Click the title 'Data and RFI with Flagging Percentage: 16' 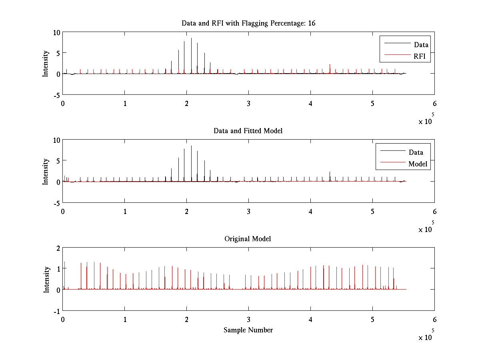tap(248, 23)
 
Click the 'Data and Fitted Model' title tap(248, 131)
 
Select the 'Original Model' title tap(248, 239)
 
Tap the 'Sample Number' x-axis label tap(248, 330)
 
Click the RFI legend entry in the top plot tap(422, 56)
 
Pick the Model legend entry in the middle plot tap(418, 164)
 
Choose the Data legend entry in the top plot tap(421, 44)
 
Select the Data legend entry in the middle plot tap(416, 152)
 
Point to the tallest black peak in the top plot tap(191, 39)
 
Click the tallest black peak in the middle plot tap(191, 146)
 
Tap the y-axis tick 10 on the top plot tap(57, 32)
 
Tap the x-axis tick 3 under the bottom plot tap(249, 319)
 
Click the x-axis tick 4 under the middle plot tap(310, 211)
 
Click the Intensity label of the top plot tap(46, 63)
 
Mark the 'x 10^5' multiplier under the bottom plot tap(427, 336)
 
